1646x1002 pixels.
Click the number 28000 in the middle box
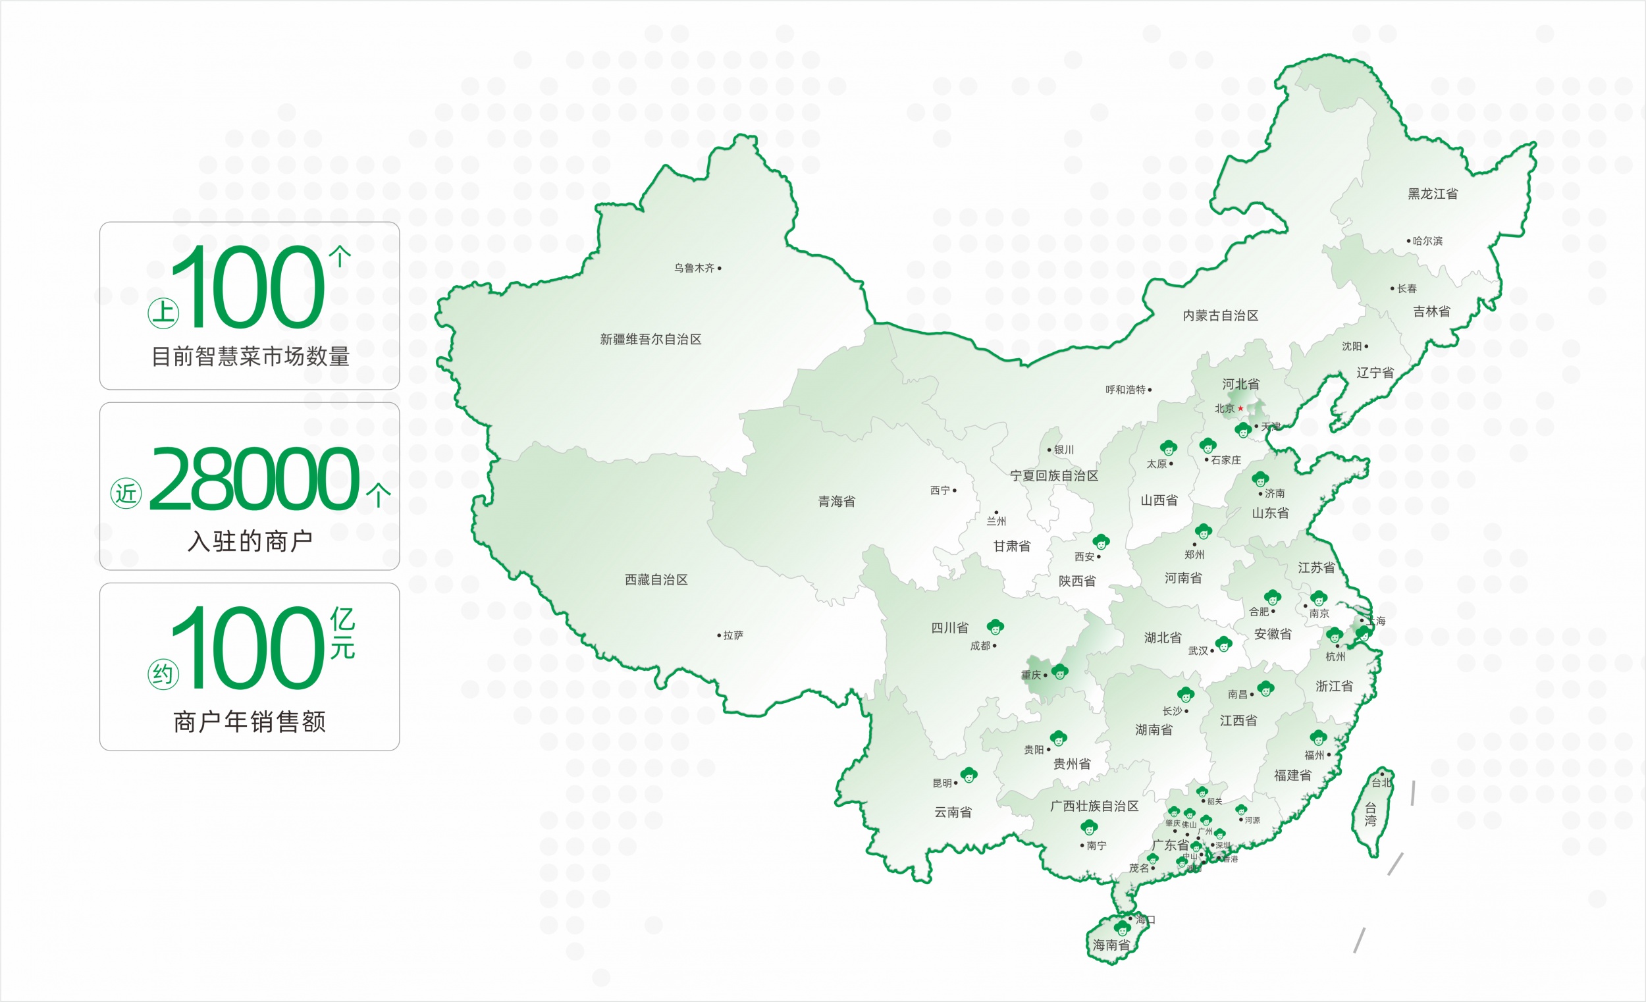click(254, 479)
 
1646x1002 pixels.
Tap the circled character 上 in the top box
click(163, 313)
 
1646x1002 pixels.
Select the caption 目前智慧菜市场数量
click(250, 357)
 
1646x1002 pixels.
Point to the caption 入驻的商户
click(250, 541)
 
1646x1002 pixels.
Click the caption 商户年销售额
click(249, 722)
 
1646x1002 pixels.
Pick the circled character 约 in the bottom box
click(163, 675)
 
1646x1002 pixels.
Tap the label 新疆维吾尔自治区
click(650, 339)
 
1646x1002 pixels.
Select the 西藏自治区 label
click(656, 580)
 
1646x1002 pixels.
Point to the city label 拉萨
click(733, 635)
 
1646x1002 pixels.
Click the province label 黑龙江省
click(1432, 194)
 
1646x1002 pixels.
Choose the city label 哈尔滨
click(1427, 241)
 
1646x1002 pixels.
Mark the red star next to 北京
click(1240, 408)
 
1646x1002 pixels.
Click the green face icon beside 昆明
click(969, 775)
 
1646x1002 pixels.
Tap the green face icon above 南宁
click(1089, 828)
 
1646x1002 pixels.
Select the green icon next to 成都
click(996, 627)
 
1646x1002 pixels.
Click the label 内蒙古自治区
click(1221, 315)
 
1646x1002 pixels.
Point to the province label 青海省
click(836, 502)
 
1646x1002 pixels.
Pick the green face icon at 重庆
click(1060, 672)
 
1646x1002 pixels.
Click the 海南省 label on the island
click(1111, 945)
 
